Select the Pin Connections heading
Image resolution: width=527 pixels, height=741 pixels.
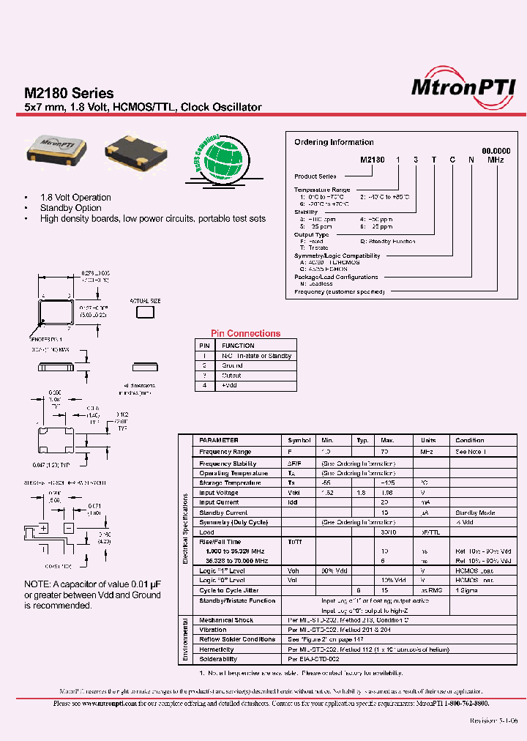point(245,333)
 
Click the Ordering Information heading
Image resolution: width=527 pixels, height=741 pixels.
point(334,142)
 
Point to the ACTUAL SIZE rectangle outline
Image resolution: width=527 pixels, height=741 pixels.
point(146,311)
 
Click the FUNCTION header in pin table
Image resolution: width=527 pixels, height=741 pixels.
point(238,346)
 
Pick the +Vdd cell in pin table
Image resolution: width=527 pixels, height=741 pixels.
point(231,385)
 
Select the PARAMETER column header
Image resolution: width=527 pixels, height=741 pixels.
point(219,440)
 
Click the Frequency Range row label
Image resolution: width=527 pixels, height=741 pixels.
point(225,452)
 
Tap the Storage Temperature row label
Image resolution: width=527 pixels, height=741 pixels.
point(230,483)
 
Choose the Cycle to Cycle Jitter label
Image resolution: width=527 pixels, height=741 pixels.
point(228,589)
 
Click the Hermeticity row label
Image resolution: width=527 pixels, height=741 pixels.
point(217,649)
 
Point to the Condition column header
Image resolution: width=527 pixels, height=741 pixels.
point(469,440)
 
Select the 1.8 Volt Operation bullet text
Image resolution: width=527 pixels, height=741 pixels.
point(75,198)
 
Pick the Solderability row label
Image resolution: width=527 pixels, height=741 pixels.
point(219,659)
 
